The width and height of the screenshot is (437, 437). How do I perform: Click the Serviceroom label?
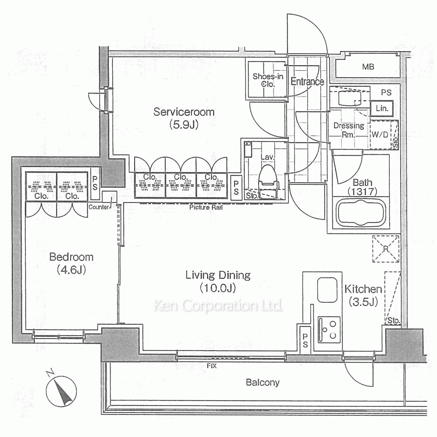click(184, 112)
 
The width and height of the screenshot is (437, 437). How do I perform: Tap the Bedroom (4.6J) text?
click(71, 263)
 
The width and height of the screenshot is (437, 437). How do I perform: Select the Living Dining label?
click(218, 275)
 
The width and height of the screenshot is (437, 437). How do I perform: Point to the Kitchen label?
click(363, 289)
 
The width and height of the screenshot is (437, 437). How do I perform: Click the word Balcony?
click(263, 382)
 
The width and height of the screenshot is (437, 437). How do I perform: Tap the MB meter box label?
click(368, 66)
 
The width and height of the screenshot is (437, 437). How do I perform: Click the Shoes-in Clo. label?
click(268, 80)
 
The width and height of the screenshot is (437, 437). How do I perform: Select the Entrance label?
click(307, 81)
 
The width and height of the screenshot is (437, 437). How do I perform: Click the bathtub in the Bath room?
click(361, 213)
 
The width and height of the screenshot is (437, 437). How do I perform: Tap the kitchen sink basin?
click(327, 290)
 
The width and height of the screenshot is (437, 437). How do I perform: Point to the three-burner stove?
click(329, 329)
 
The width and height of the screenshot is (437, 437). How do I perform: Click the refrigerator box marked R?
click(386, 249)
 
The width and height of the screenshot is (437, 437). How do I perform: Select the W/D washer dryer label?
click(380, 135)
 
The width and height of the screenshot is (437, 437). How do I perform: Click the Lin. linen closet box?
click(382, 108)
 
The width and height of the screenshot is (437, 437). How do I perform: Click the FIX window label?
click(212, 366)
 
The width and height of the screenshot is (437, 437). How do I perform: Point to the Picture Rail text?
click(206, 207)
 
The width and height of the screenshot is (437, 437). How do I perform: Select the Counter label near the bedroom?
click(99, 207)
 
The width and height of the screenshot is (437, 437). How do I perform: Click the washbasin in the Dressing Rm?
click(350, 98)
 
